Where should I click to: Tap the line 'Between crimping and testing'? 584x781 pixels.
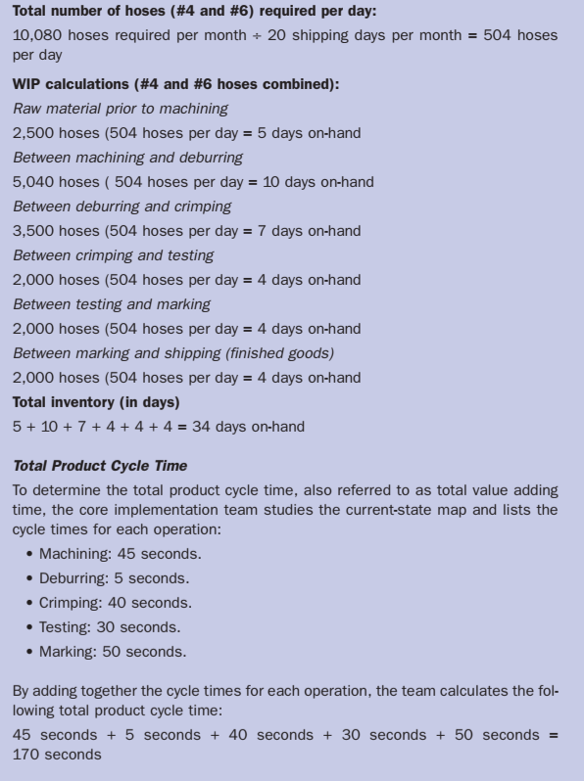click(112, 255)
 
